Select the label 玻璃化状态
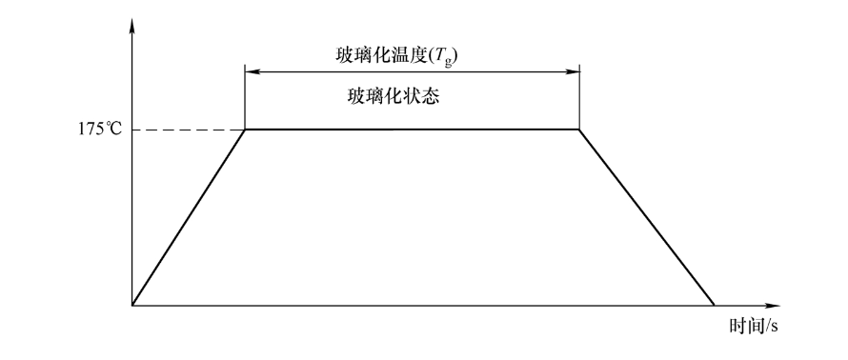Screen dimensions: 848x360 [393, 97]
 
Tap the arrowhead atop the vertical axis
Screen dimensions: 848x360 [132, 21]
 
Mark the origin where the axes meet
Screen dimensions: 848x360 [132, 306]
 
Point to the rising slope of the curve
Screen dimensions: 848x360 [189, 217]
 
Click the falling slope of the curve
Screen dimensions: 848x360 [647, 217]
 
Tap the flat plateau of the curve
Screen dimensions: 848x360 [413, 129]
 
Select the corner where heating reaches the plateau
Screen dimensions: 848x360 [246, 129]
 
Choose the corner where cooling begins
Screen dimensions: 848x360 [579, 129]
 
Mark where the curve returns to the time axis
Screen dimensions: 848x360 [714, 306]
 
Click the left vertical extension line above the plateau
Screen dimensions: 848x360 [246, 100]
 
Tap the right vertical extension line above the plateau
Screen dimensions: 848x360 [579, 100]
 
